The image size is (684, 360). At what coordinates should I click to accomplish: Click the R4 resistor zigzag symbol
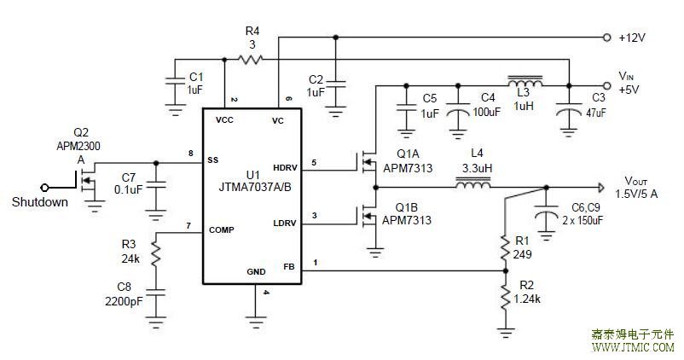tap(250, 59)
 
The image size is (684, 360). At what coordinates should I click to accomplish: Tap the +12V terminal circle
tap(606, 38)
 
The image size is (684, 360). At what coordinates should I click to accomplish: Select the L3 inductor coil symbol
tap(525, 82)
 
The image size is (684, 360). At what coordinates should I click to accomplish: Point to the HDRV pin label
tap(285, 167)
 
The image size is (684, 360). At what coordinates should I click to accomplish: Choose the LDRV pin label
tap(284, 223)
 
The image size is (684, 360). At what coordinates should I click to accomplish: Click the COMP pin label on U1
tap(221, 230)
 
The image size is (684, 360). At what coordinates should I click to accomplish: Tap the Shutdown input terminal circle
tap(44, 188)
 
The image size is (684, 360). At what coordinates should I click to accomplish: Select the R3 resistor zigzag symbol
tap(155, 254)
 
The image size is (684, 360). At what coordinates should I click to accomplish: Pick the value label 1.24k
tap(527, 299)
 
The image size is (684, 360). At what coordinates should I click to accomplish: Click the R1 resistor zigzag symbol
tap(505, 248)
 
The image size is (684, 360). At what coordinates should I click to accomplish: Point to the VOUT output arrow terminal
tap(601, 188)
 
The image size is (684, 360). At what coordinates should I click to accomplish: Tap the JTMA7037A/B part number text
tap(255, 187)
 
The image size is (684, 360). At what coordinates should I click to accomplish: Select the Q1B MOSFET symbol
tap(368, 216)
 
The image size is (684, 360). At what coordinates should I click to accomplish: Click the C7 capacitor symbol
tap(156, 185)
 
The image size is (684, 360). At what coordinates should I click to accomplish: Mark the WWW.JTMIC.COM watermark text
tap(633, 347)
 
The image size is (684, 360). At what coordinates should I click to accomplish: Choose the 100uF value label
tap(487, 112)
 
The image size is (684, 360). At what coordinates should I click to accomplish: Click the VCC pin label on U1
tap(224, 120)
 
